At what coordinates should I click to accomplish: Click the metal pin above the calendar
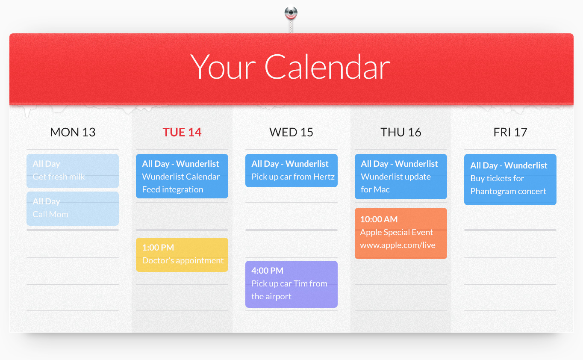click(291, 14)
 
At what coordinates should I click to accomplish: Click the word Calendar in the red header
click(327, 67)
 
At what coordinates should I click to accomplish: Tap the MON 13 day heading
click(73, 132)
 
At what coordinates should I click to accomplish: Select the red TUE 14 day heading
click(182, 132)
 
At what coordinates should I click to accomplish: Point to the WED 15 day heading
click(291, 132)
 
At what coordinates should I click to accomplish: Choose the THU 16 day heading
click(401, 132)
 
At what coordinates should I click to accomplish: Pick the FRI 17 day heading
click(510, 132)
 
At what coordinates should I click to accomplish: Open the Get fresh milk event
click(73, 171)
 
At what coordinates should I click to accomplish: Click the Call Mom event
click(73, 209)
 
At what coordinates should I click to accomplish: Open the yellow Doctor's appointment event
click(182, 255)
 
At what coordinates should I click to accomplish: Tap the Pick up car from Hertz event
click(291, 171)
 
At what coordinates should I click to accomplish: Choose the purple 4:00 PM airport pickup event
click(291, 284)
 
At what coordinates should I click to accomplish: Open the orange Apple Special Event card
click(401, 233)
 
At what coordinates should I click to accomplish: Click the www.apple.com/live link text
click(397, 245)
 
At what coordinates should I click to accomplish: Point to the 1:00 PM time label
click(158, 248)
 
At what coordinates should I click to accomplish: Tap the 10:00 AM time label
click(379, 219)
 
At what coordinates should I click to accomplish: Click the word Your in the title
click(223, 67)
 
